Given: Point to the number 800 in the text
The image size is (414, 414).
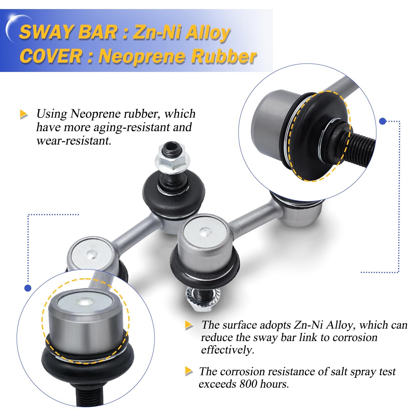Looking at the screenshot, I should click(x=248, y=384).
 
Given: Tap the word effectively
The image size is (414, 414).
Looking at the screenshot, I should click(x=227, y=350).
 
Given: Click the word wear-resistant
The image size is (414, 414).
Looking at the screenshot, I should click(x=74, y=141).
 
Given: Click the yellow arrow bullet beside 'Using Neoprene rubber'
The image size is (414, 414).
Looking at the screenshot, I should click(x=24, y=114).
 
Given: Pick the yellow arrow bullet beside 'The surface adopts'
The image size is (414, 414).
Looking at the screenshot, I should click(x=189, y=325).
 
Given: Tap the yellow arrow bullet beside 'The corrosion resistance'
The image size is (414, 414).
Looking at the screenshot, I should click(x=189, y=371).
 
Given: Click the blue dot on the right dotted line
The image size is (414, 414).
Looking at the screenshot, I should click(x=382, y=121).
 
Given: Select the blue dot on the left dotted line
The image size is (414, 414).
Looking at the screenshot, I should click(x=28, y=288).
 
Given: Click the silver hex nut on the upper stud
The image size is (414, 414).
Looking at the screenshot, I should click(x=172, y=161).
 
